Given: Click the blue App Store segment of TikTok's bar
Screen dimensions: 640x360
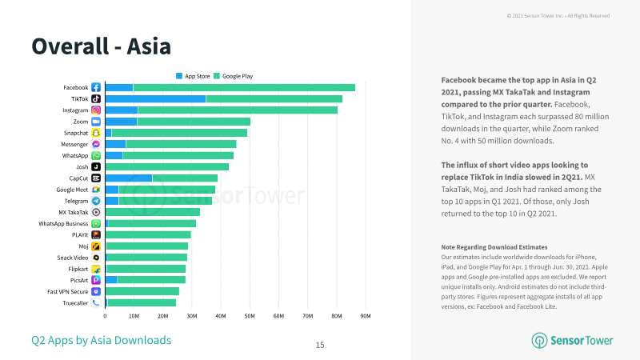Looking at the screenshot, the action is pos(155,98).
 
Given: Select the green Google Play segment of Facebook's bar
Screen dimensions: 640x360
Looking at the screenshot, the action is pos(244,87).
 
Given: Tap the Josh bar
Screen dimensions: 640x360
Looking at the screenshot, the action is pos(167,167).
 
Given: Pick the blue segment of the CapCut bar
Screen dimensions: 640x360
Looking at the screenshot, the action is pos(129,178).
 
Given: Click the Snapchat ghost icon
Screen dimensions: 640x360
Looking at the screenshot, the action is pos(96,133).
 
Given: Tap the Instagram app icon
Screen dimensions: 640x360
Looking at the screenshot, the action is pos(96,110).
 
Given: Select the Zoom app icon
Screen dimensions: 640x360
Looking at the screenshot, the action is pos(96,122).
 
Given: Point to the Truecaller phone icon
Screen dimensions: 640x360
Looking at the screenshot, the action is pos(96,303).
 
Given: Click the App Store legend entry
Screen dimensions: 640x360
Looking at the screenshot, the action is pos(193,76).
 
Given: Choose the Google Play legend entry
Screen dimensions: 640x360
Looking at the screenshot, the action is pos(234,76).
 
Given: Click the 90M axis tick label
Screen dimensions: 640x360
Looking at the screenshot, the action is pos(366,316).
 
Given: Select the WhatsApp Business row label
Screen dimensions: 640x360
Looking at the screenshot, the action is pos(63,224).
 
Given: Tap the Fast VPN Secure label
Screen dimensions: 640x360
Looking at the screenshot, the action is pos(68,292).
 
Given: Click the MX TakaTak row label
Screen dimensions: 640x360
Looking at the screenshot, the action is pos(74,212).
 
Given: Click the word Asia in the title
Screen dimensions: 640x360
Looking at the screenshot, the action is pos(149,46).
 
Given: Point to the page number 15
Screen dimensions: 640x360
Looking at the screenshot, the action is pos(320,346).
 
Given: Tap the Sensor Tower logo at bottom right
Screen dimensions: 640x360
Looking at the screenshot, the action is pos(572,341).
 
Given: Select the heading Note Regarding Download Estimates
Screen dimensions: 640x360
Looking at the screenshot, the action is pos(494,247).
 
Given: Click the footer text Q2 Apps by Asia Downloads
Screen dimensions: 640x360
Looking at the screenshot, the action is pos(102,341).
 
